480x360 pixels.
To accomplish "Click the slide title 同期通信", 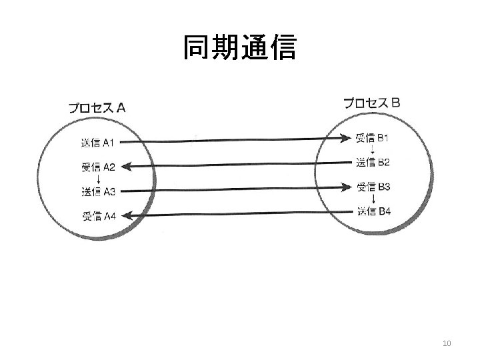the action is [239, 49].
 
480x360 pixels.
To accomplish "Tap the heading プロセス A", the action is [97, 107].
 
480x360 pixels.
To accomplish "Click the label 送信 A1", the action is [99, 142].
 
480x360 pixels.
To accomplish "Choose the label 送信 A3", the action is [99, 192].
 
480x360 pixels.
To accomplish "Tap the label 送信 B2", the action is [373, 161].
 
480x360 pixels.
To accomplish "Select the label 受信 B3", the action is [373, 187].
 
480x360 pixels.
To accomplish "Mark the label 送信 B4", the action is [373, 212].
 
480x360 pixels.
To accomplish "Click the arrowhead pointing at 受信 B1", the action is [345, 139].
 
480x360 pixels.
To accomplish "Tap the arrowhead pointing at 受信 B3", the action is [345, 187].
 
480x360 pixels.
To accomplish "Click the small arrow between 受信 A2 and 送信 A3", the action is [99, 179].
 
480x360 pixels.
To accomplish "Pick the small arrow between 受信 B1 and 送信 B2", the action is [373, 150].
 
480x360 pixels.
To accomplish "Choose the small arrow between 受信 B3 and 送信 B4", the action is [373, 199].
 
